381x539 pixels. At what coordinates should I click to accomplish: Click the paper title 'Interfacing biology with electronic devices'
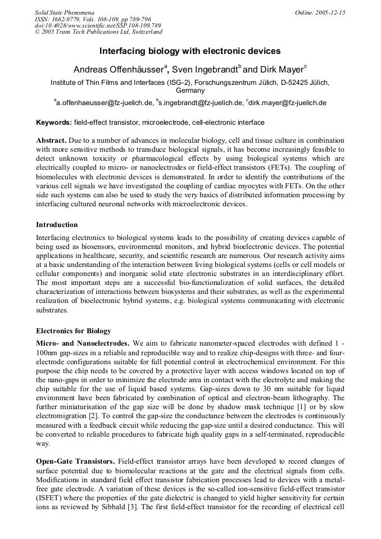[190, 51]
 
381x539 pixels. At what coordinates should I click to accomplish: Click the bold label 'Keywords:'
[54, 122]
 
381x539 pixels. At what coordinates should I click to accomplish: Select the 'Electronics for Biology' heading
[73, 330]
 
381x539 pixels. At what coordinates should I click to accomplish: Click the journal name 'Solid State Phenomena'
[64, 12]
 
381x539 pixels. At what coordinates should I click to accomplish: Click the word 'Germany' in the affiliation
[190, 90]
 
